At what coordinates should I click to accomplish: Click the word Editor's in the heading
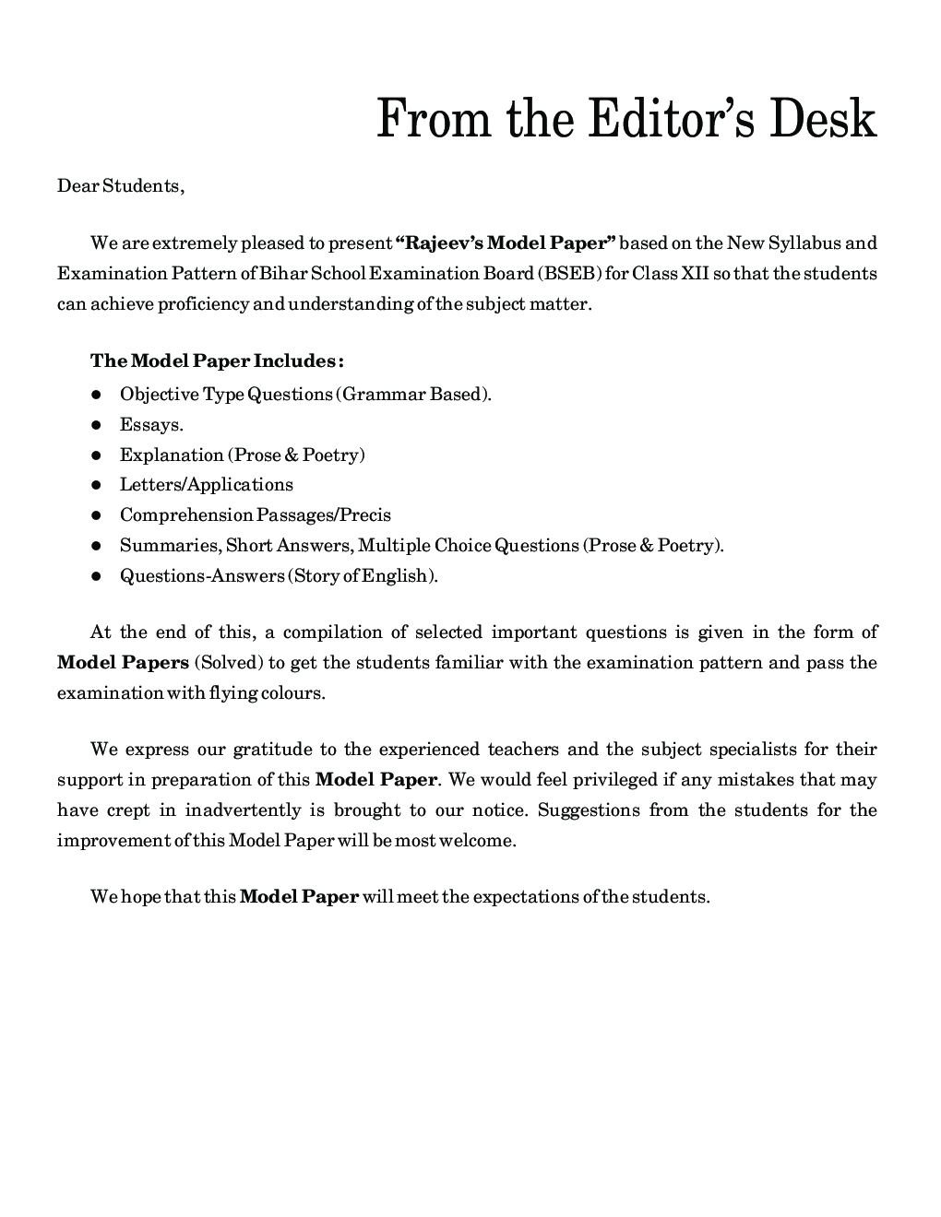666,119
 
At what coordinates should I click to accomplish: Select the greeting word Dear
77,185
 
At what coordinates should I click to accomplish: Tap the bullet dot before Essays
95,425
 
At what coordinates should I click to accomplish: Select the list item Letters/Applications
206,485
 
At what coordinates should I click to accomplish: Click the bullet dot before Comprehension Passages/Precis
95,515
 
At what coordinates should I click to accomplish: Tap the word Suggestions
589,810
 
